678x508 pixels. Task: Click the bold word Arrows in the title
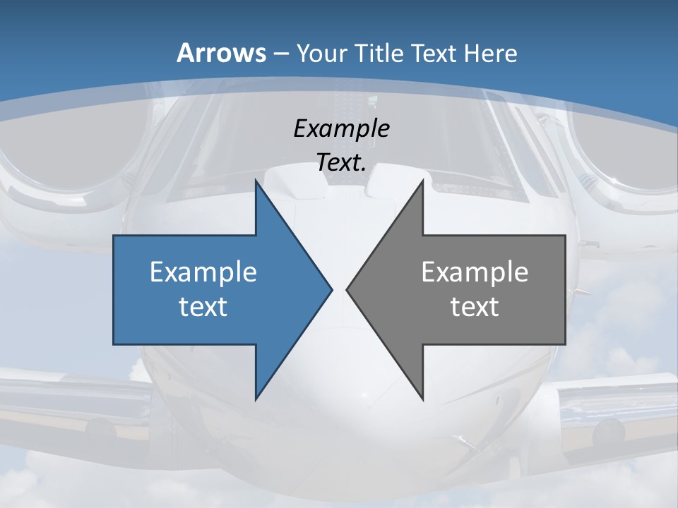tap(222, 53)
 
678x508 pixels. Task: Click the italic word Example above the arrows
tap(342, 129)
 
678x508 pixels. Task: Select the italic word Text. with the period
tap(342, 163)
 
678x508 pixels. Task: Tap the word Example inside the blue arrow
tap(203, 272)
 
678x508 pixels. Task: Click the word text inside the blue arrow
tap(203, 307)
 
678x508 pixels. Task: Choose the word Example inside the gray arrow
tap(475, 272)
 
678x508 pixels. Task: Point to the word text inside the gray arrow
tap(475, 307)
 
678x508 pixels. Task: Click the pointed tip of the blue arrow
tap(331, 289)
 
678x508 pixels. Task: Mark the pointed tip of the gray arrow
tap(347, 289)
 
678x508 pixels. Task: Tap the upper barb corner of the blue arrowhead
tap(256, 181)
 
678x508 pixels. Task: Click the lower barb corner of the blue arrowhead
tap(256, 399)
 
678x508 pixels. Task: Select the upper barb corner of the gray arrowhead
tap(422, 181)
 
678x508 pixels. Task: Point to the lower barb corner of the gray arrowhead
tap(422, 399)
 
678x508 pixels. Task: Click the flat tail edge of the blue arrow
tap(114, 289)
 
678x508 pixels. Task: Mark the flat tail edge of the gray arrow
tap(565, 289)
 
